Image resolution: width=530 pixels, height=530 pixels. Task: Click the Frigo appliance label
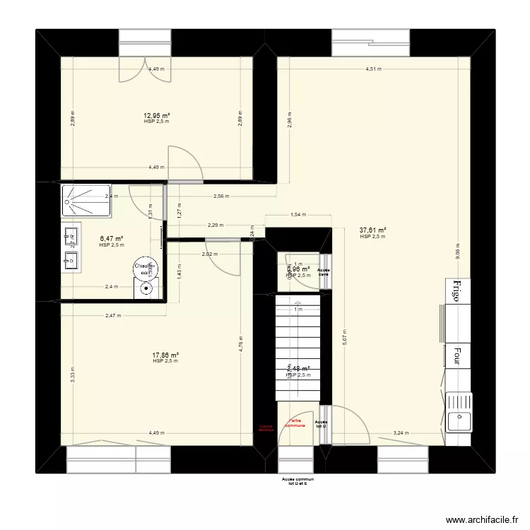457,290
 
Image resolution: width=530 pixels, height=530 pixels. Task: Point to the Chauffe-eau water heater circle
143,269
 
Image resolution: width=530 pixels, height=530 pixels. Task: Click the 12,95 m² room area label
157,116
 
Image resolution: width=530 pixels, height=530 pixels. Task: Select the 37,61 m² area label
372,230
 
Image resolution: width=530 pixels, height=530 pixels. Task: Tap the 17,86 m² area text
165,355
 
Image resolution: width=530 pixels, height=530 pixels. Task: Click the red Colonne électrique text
266,428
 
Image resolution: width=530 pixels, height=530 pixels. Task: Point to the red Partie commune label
295,423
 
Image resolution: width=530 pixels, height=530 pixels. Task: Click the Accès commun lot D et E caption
297,481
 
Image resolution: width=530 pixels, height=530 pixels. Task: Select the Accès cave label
324,272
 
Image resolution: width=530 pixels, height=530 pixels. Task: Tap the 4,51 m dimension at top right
373,69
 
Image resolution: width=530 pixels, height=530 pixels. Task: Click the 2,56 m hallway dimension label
221,196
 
